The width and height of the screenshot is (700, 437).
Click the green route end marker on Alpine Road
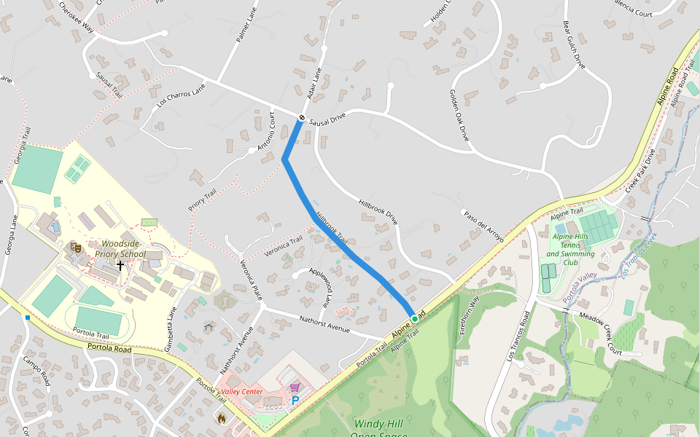coord(414,319)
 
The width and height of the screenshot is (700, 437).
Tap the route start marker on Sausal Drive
coord(301,118)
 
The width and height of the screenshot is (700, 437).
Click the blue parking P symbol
coord(295,401)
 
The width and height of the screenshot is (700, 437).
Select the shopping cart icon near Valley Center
coord(295,388)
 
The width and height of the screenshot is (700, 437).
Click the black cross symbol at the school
coord(120,266)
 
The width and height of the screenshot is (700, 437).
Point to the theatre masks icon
coord(75,248)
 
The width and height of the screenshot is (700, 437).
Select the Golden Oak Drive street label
coord(459,116)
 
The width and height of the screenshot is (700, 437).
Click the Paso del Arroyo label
coord(483,227)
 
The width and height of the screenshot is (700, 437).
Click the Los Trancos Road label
coord(518,336)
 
